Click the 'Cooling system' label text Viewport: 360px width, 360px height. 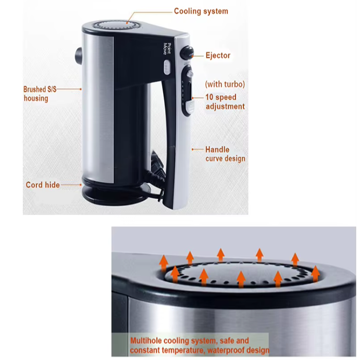click(x=201, y=11)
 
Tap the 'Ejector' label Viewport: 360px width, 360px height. click(x=218, y=56)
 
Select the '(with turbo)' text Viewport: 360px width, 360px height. click(x=225, y=84)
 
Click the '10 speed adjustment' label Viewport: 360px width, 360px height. click(x=225, y=102)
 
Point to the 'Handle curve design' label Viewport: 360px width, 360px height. click(x=225, y=154)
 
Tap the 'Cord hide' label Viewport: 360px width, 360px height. click(x=43, y=185)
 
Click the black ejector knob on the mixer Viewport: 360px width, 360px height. click(x=186, y=52)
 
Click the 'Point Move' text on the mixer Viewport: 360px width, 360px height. click(x=167, y=49)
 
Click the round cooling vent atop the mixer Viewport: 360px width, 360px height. click(x=114, y=25)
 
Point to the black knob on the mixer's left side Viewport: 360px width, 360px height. click(x=78, y=56)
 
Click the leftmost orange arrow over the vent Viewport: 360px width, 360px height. click(x=164, y=263)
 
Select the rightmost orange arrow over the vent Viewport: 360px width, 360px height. click(x=315, y=274)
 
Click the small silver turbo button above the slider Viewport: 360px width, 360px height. click(x=190, y=74)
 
